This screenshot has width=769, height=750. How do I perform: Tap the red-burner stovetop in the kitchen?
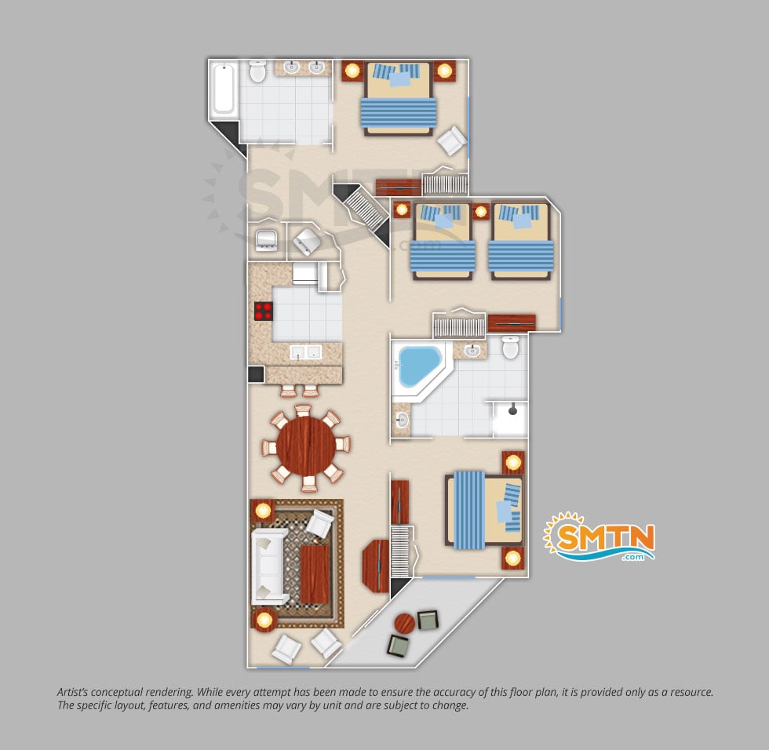pos(264,311)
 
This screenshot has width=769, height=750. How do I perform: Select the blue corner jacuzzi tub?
pos(418,366)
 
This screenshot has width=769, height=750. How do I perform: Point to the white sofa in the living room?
pos(268,566)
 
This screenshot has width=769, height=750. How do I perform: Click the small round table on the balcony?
pos(405,624)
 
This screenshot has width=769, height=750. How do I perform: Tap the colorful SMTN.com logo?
pos(599,537)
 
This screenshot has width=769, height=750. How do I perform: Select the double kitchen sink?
pos(305,352)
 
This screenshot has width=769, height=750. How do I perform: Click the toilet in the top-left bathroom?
pos(257,71)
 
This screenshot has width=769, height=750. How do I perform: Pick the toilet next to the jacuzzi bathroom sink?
pos(511,347)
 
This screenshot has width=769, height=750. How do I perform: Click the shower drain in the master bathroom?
pos(512,411)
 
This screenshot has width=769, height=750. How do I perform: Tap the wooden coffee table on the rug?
pos(315,574)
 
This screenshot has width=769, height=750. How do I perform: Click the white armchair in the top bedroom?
pos(451,140)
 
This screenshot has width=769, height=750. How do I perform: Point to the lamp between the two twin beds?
pos(480,212)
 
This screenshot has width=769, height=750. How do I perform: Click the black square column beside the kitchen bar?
pos(256,374)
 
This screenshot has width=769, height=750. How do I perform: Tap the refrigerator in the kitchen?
pos(305,274)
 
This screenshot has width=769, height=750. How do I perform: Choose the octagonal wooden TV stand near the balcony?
pos(376,566)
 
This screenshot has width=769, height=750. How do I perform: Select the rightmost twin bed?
pos(521,242)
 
